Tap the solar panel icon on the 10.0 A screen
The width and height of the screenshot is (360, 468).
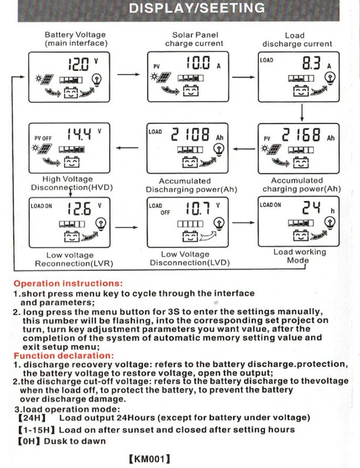(x=163, y=78)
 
